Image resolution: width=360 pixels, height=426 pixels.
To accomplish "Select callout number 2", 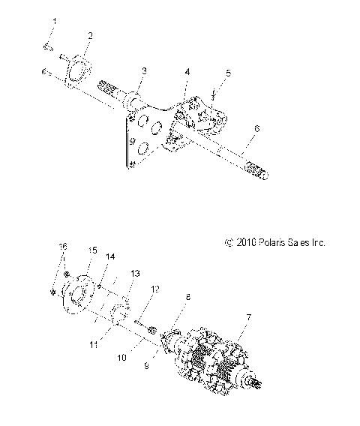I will [x=90, y=35].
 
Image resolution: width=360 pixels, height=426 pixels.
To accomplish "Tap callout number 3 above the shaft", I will [x=145, y=70].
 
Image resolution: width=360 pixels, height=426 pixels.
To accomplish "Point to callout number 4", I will [x=187, y=72].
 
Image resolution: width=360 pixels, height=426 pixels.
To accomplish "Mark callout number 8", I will [x=188, y=298].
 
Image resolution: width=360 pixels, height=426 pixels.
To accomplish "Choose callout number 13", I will [x=136, y=273].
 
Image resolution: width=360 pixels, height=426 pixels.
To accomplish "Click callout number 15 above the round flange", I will [x=93, y=249].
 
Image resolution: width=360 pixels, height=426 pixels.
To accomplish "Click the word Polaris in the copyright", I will [x=279, y=243].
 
